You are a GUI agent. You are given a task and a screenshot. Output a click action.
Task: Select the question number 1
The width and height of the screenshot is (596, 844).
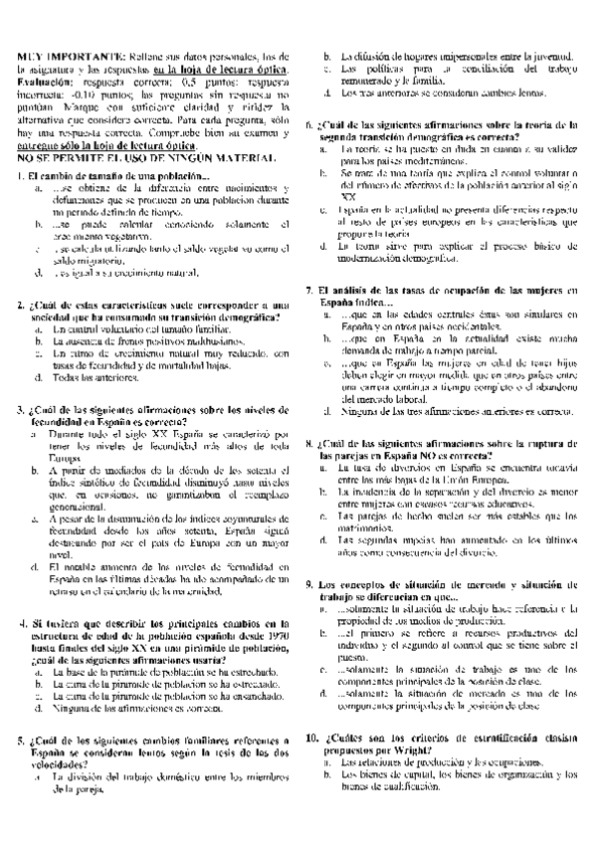pos(21,177)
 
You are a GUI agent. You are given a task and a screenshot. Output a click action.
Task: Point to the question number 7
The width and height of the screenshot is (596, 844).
pos(309,289)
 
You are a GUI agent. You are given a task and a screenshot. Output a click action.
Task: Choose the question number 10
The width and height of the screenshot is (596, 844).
pos(312,739)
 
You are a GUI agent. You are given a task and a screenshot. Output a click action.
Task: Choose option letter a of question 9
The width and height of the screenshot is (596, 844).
pos(326,606)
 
